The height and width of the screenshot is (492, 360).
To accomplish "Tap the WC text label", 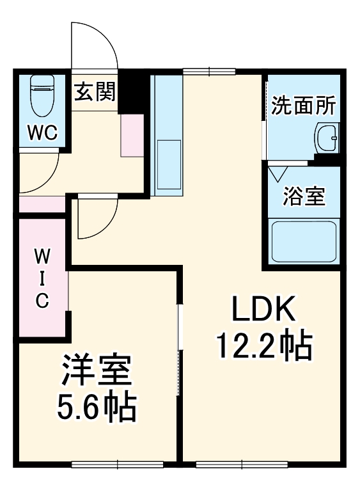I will pos(42,134).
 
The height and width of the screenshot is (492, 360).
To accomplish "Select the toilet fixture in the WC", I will pos(43,96).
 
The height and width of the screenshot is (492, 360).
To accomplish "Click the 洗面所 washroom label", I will pos(302,106).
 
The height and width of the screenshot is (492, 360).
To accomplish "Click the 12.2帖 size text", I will pos(263,346).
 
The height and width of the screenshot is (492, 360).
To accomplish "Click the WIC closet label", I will pos(42,280).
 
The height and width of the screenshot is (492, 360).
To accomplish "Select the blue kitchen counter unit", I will pos(167,134).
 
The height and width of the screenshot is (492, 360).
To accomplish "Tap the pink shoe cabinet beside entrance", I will pos(132,136).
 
